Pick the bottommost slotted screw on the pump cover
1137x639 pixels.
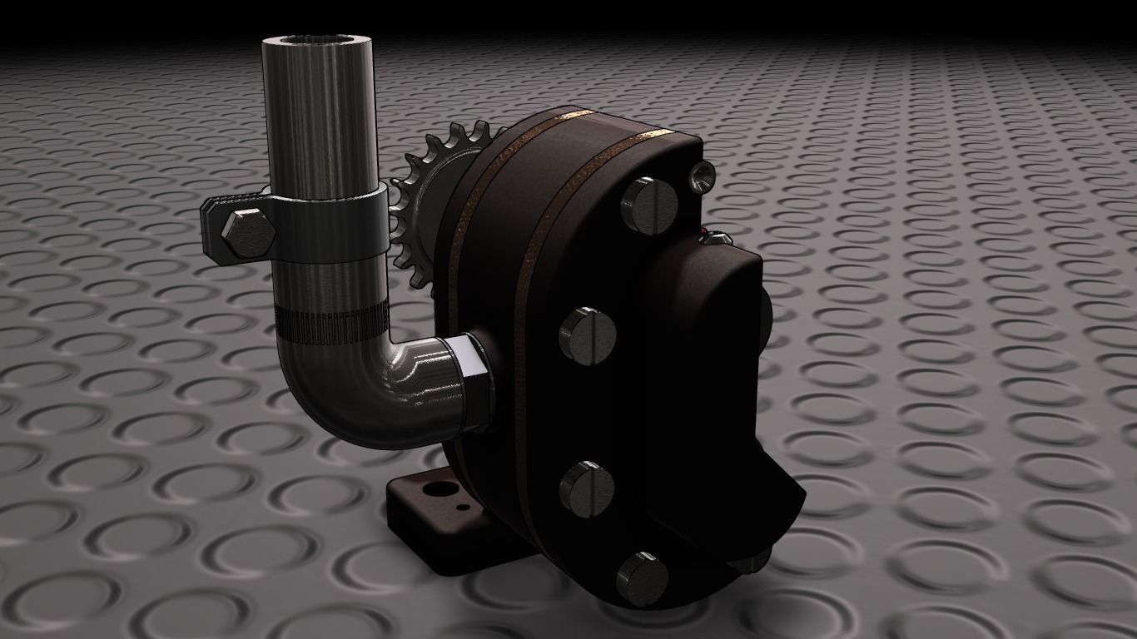point(643,577)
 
